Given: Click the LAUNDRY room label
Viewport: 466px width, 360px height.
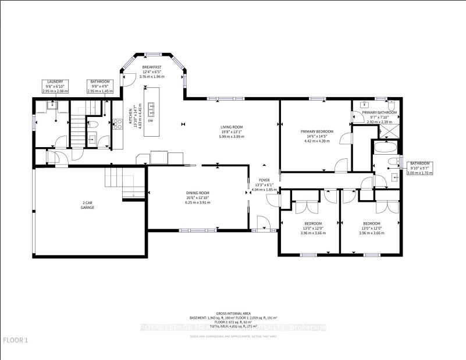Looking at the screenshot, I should [x=55, y=82].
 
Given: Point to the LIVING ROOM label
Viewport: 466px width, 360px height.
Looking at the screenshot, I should [x=231, y=127].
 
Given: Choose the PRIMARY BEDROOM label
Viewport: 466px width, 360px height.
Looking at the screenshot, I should [x=317, y=131].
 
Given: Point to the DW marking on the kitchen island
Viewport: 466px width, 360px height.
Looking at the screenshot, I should [x=150, y=120].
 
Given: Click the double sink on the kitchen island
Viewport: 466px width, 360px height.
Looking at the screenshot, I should [x=151, y=106].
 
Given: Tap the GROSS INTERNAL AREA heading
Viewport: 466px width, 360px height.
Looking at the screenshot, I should [x=233, y=313].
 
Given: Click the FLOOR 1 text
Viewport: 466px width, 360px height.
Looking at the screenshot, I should [x=16, y=340].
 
